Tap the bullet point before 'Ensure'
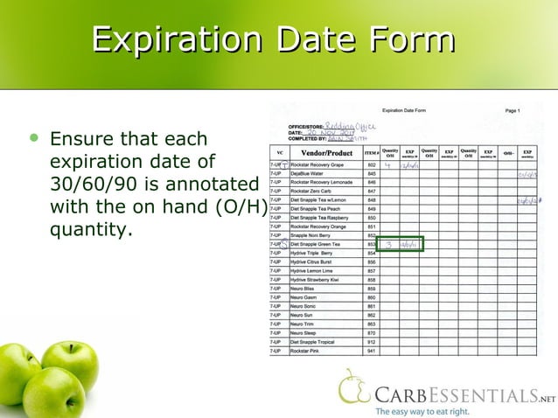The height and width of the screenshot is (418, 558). tap(34, 138)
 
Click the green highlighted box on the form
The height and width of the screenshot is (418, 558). tap(401, 244)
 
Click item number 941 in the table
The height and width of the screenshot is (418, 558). tap(371, 350)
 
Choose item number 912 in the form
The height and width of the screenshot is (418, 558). tap(371, 341)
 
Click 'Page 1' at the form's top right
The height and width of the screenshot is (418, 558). tap(512, 111)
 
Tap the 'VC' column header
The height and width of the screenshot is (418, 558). tap(279, 154)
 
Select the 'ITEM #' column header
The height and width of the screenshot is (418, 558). tap(371, 154)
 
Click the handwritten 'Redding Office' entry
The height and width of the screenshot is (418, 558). tap(350, 126)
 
